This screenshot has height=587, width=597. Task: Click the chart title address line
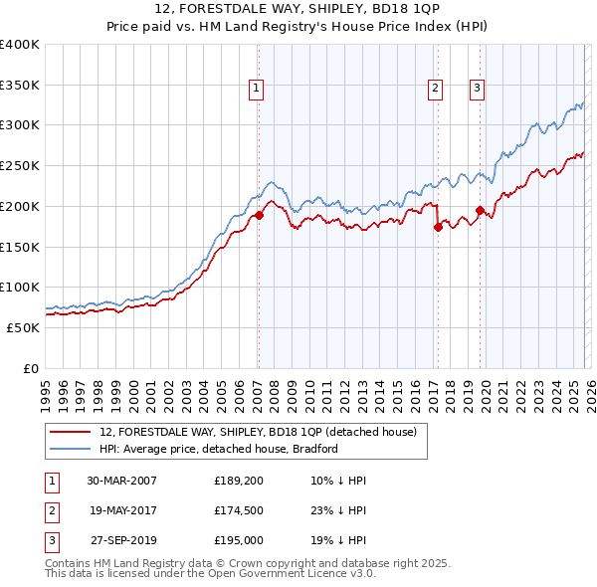coord(298,9)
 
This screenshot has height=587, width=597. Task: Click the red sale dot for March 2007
coord(259,215)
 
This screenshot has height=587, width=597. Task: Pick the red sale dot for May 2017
coord(438,227)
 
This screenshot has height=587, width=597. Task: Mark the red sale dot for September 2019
coord(480,210)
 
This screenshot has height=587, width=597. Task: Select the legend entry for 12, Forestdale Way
coord(264,432)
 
